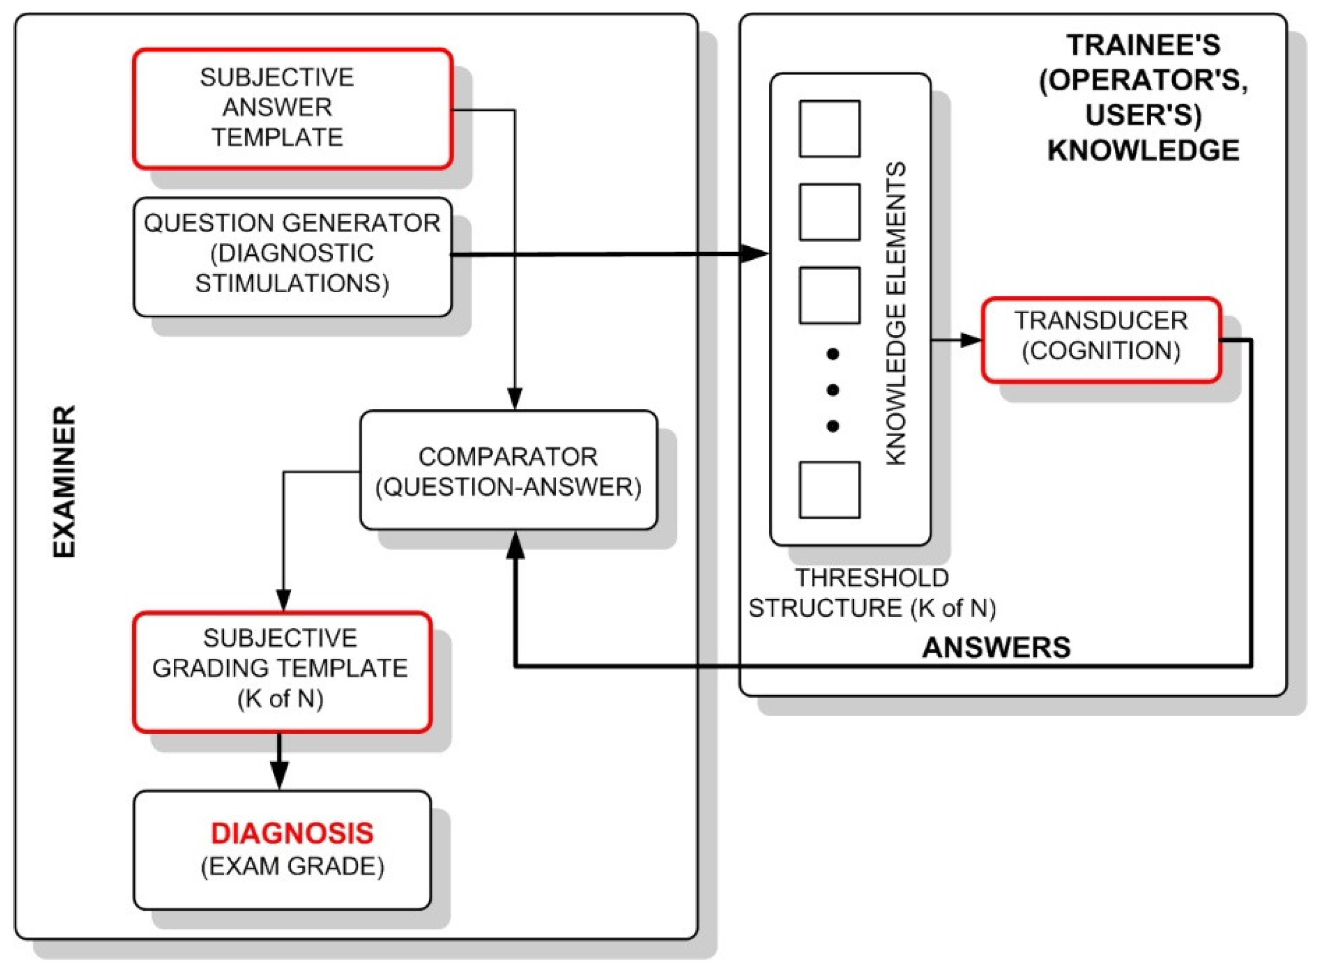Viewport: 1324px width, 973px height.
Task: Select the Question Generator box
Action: point(293,256)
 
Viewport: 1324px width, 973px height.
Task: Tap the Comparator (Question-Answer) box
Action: point(508,470)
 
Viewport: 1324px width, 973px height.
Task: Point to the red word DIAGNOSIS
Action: point(292,833)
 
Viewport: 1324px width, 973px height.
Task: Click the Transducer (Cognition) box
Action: point(1101,340)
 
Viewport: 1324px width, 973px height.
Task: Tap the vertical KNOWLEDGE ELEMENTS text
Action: point(895,314)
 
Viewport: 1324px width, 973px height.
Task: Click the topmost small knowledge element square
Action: point(829,128)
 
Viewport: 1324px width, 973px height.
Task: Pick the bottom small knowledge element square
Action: point(829,490)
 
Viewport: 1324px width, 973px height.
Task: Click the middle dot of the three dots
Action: point(833,390)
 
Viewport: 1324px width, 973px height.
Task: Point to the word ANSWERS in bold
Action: point(996,647)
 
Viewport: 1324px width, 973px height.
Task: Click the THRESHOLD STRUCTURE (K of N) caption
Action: point(872,593)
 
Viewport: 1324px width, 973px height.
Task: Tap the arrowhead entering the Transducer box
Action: point(971,340)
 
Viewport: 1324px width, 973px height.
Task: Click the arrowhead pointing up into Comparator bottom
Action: point(515,546)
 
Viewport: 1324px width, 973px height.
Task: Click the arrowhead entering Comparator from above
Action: point(515,399)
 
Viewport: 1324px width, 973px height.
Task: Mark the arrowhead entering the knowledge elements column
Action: point(754,254)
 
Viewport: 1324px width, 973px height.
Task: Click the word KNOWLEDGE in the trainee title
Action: point(1143,150)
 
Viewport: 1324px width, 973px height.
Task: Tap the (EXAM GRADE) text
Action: point(292,866)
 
